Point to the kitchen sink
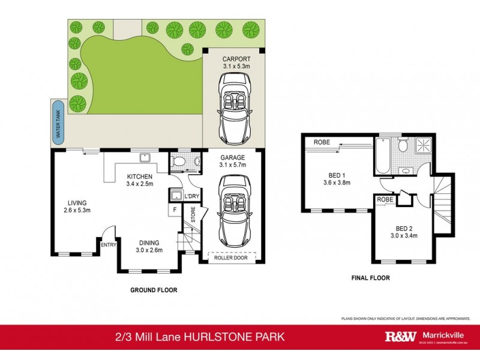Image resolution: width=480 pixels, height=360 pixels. pyautogui.click(x=145, y=158)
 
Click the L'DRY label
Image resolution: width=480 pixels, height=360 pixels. pyautogui.click(x=191, y=196)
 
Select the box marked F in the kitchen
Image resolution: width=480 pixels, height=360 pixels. pyautogui.click(x=175, y=209)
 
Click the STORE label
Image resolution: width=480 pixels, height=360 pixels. pyautogui.click(x=193, y=215)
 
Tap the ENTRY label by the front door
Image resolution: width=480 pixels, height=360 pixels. pyautogui.click(x=109, y=244)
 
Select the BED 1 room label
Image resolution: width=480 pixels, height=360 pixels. pyautogui.click(x=336, y=178)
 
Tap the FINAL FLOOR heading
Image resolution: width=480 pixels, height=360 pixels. pyautogui.click(x=370, y=278)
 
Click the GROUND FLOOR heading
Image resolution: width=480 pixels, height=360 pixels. pyautogui.click(x=154, y=290)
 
